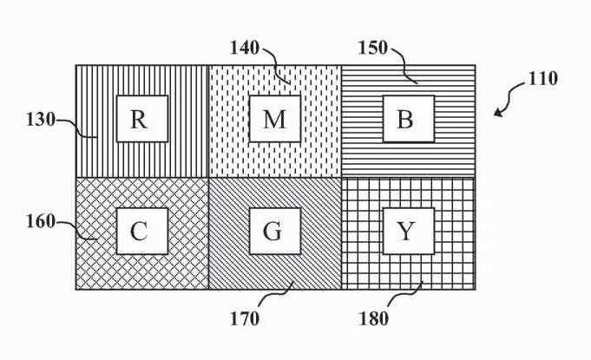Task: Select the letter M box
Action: point(274,119)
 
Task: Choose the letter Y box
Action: point(407,231)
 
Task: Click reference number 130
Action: point(41,120)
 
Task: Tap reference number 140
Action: point(244,47)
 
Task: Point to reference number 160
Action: point(41,222)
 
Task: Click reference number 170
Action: point(246,318)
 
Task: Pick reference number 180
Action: point(373,318)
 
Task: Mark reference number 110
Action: point(542,79)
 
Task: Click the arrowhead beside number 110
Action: point(498,112)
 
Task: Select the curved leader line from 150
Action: point(404,64)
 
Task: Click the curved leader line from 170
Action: point(277,298)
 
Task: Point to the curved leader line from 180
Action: point(406,298)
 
